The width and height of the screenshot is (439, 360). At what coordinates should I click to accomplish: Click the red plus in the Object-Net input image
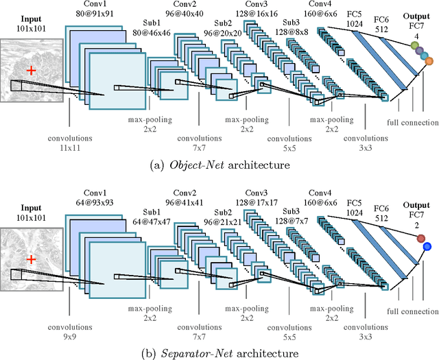(29, 70)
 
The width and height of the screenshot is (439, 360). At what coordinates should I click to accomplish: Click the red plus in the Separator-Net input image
(29, 260)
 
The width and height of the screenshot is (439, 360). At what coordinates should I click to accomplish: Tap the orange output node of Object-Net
(429, 62)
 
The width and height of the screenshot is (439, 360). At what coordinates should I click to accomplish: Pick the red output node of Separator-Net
(420, 238)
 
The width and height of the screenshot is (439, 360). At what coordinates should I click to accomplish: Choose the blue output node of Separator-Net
(427, 247)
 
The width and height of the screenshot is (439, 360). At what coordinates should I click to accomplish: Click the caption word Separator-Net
(190, 354)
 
